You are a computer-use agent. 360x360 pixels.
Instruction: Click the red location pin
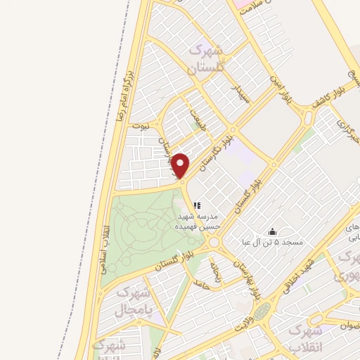click(181, 166)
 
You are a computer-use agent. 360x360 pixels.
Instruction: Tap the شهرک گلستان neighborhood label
click(208, 59)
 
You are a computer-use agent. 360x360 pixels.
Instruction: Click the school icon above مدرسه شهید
click(197, 205)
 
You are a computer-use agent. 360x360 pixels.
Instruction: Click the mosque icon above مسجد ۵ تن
click(273, 232)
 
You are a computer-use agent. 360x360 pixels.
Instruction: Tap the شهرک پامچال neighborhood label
click(133, 303)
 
